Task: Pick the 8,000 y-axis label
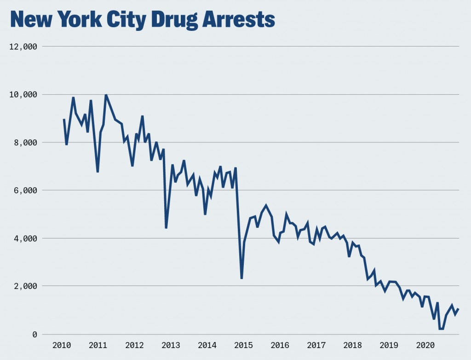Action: coord(25,142)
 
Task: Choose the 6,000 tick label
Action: coord(25,190)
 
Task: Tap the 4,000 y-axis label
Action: coord(25,238)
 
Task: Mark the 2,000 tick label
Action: coord(25,286)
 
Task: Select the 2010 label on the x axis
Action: coord(62,345)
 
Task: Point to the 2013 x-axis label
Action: coord(171,345)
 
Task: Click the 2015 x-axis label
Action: coord(243,345)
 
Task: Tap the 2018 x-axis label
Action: coord(352,345)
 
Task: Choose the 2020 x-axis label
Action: coord(425,345)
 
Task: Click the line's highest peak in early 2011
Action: coord(106,95)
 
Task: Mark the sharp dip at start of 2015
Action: coord(241,278)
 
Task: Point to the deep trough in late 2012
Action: coord(166,227)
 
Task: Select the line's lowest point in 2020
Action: coord(441,329)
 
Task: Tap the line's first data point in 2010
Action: coord(64,119)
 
